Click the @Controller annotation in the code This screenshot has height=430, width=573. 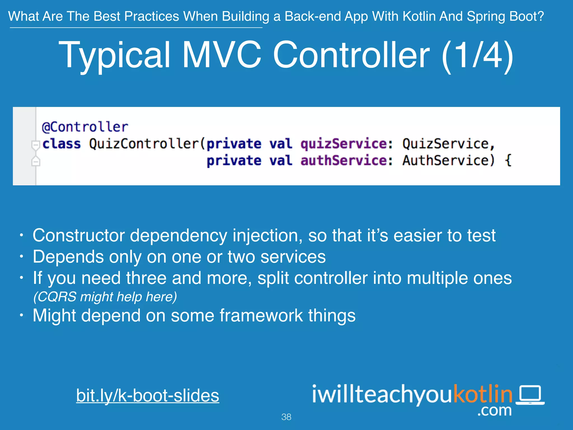pyautogui.click(x=85, y=127)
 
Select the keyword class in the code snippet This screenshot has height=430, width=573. pyautogui.click(x=61, y=144)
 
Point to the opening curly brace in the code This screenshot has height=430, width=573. pyautogui.click(x=508, y=161)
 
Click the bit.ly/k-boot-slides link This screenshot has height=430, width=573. pyautogui.click(x=147, y=395)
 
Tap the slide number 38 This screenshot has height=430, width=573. pyautogui.click(x=286, y=417)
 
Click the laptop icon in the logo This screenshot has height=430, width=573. pyautogui.click(x=530, y=395)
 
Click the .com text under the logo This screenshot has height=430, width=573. pyautogui.click(x=494, y=410)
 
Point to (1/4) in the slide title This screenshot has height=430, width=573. pyautogui.click(x=477, y=55)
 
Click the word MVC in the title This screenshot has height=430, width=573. pyautogui.click(x=222, y=55)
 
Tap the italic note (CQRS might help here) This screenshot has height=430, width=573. pyautogui.click(x=105, y=297)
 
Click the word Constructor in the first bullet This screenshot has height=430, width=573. pyautogui.click(x=79, y=235)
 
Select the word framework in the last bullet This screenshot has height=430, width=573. pyautogui.click(x=261, y=316)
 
